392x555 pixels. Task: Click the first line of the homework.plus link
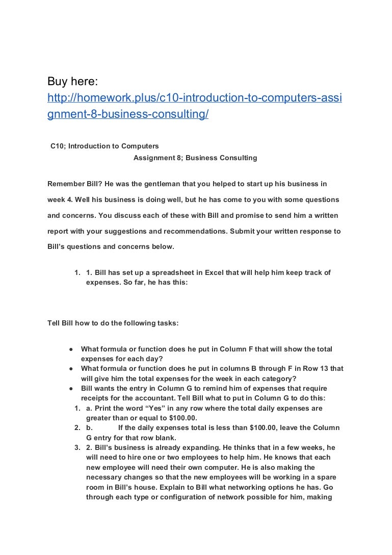coord(194,98)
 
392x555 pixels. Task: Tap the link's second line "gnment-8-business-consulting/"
coord(127,115)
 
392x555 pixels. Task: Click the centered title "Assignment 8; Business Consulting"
coord(195,158)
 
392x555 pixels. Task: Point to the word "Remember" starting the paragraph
coord(64,184)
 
